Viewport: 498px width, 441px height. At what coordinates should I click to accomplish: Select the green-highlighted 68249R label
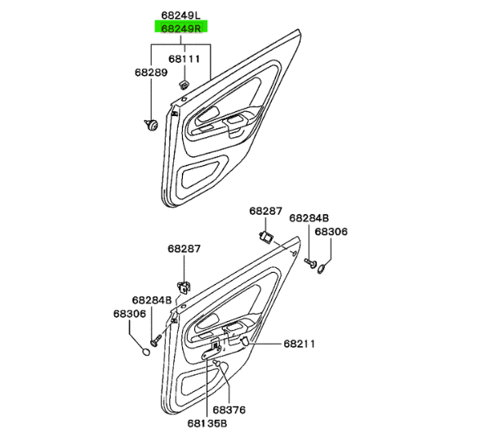coord(181,28)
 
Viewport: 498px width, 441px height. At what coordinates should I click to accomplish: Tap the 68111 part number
coord(185,60)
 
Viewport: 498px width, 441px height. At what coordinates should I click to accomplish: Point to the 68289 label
coord(151,73)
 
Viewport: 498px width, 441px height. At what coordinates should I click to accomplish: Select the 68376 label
coord(229,410)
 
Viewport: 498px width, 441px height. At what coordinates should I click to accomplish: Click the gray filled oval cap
coord(145,352)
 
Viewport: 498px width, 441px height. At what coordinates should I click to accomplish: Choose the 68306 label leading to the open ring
coord(331,232)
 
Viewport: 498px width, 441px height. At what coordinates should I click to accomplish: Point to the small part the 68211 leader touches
coord(243,341)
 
